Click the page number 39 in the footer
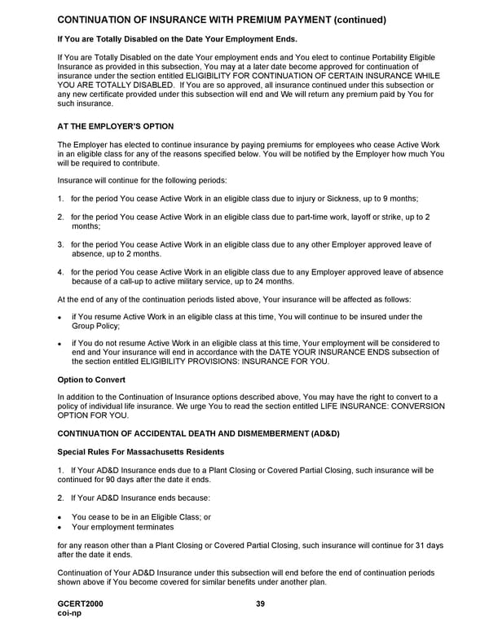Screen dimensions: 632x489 (x=260, y=603)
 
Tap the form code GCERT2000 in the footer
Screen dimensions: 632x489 (x=81, y=603)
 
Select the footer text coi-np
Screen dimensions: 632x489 (x=69, y=614)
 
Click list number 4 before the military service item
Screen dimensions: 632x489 (x=60, y=272)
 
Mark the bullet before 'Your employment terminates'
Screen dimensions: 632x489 (x=60, y=527)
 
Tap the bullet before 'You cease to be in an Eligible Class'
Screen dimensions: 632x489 (x=60, y=517)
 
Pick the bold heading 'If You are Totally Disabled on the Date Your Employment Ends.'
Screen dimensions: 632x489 (x=177, y=39)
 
